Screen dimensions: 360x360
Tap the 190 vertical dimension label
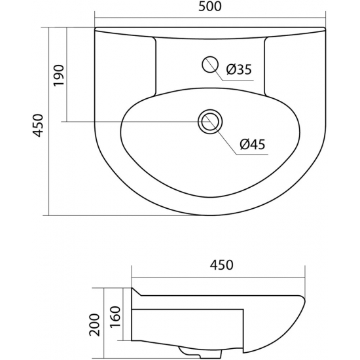(58, 75)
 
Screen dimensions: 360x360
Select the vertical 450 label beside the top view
(38, 126)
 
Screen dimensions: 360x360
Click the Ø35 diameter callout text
(239, 69)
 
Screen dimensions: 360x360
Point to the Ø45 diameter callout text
(252, 145)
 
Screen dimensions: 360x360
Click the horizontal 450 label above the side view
(221, 264)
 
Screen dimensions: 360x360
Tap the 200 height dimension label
(95, 325)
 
